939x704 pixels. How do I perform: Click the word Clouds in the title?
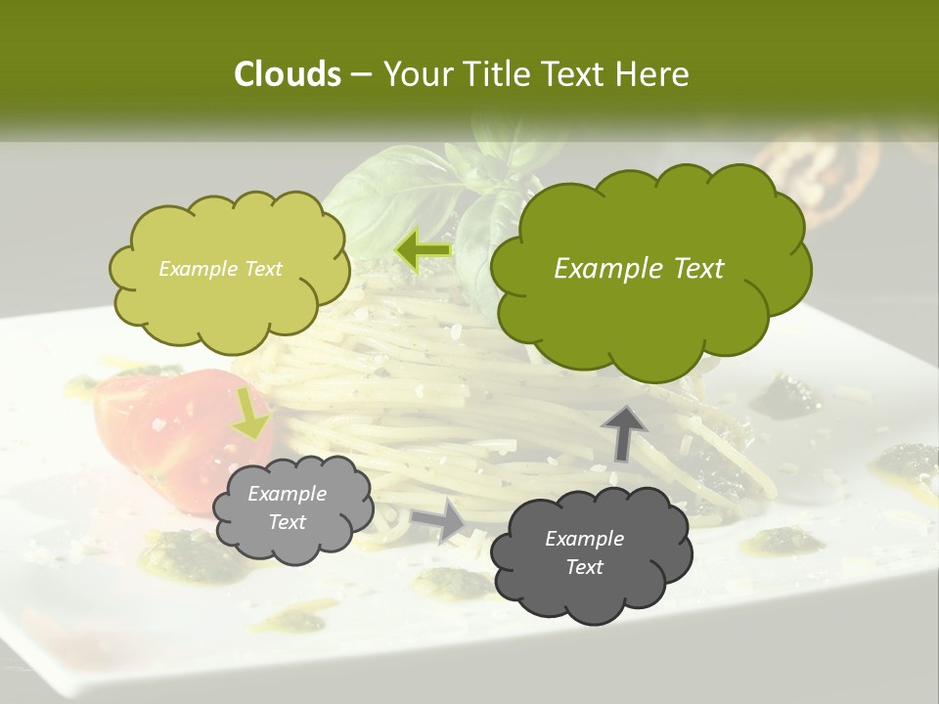pos(287,74)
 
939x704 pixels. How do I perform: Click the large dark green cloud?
pos(646,269)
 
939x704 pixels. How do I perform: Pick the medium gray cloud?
pos(292,508)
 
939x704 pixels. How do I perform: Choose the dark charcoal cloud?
pos(590,553)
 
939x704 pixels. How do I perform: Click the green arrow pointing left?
pos(423,250)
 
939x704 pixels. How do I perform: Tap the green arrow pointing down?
pos(250,413)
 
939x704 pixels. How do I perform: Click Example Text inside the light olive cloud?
pos(220,269)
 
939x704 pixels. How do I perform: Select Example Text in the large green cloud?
pos(639,269)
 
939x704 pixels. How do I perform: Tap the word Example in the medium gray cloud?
pos(287,494)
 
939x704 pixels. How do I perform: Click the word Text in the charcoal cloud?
pos(584,567)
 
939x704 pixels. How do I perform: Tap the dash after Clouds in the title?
pos(360,74)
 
